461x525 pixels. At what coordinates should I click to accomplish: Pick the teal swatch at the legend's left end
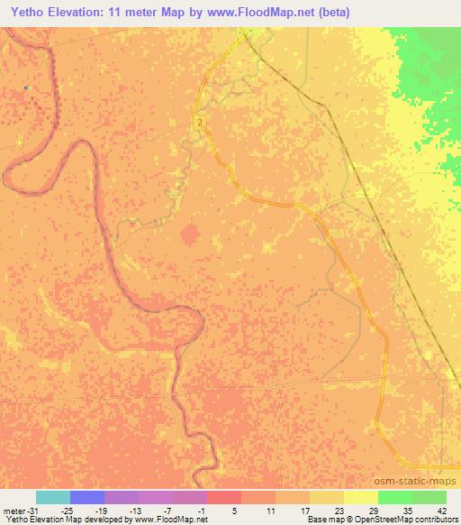53,496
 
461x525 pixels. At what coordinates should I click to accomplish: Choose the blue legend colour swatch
87,496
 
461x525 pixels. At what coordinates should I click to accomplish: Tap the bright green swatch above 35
395,496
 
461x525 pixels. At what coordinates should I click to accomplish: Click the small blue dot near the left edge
27,87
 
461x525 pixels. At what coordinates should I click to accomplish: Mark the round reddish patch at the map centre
190,235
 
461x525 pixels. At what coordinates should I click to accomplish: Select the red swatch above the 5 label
224,496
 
